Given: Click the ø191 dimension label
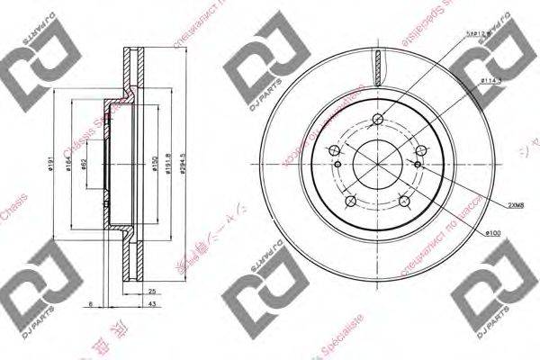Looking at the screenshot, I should coord(53,165).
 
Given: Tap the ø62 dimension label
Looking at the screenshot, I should coord(83,165).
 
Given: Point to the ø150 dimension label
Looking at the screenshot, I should coord(154,165).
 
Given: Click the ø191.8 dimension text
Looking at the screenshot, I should coord(170,165).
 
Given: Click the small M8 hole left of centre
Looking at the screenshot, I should coord(337,165).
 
